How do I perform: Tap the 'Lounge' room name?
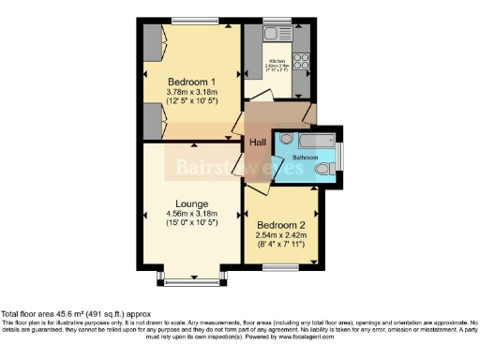pyautogui.click(x=192, y=202)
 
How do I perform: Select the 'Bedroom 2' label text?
pyautogui.click(x=281, y=225)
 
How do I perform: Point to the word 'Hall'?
pyautogui.click(x=258, y=142)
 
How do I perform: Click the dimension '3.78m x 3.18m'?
pyautogui.click(x=192, y=92)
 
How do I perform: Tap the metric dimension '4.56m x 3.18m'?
pyautogui.click(x=192, y=214)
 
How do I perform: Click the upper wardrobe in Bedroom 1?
pyautogui.click(x=156, y=46)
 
